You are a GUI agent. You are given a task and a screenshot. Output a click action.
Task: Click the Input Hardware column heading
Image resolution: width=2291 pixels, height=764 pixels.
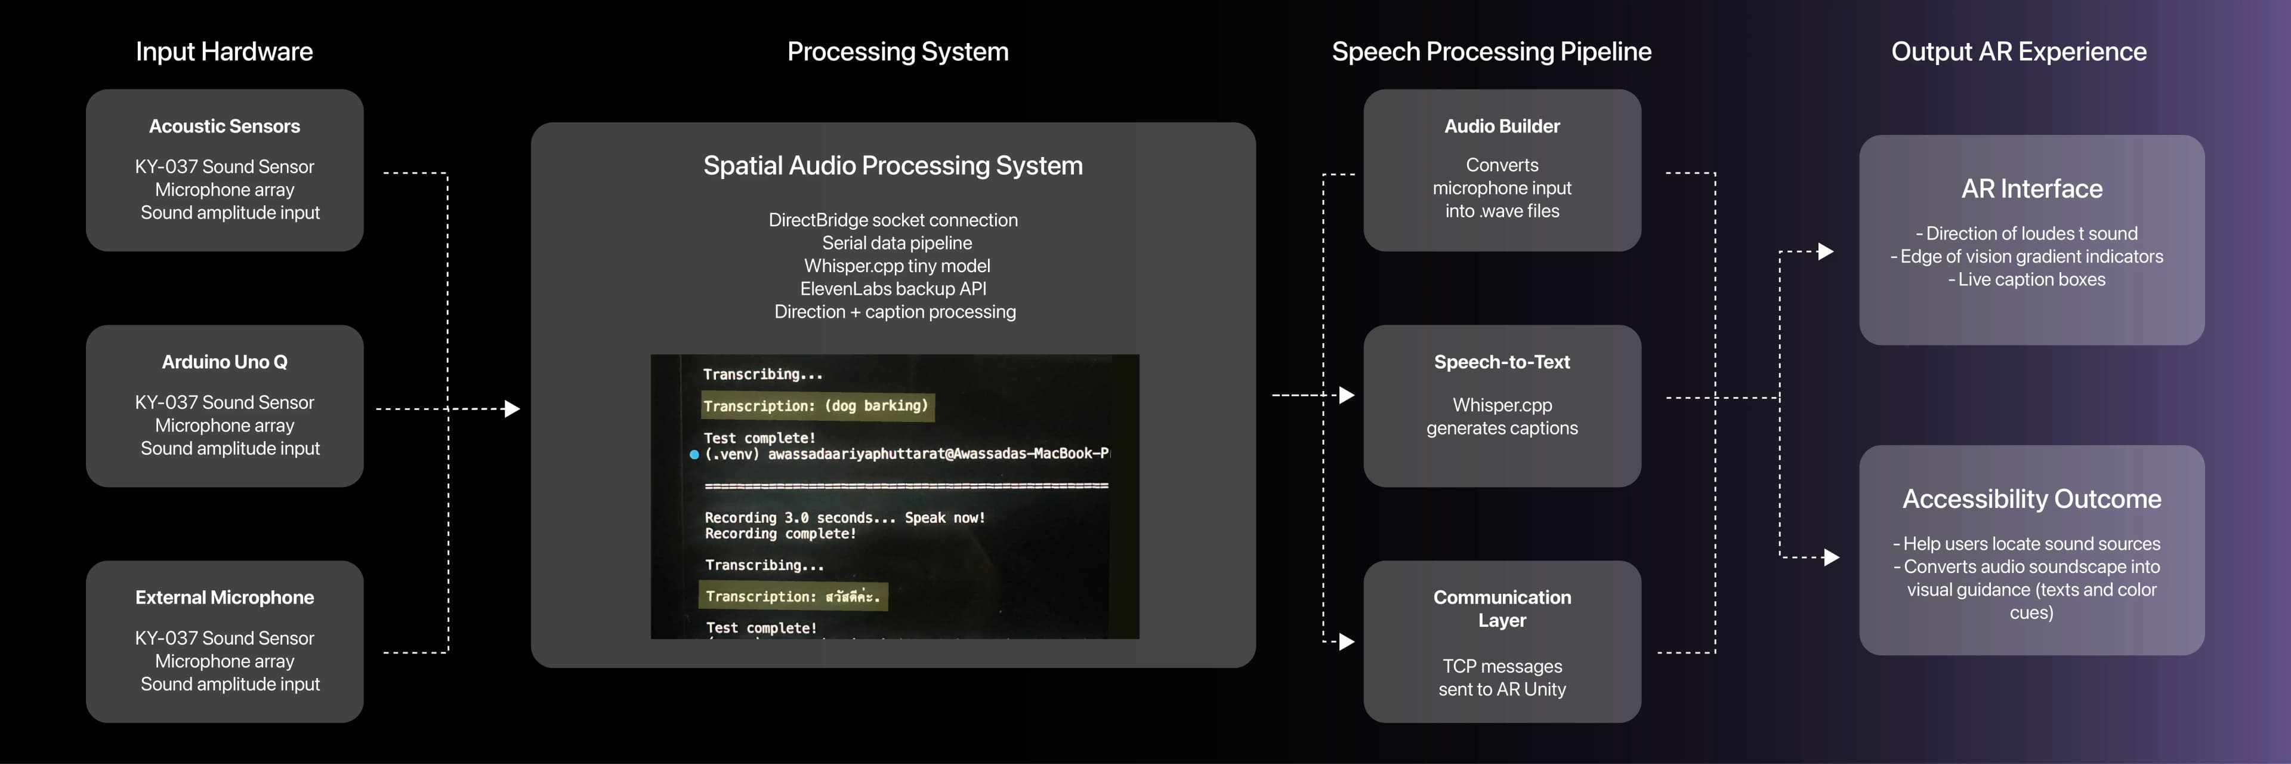point(224,51)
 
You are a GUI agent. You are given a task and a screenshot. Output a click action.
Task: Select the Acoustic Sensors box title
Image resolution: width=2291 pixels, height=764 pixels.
point(224,127)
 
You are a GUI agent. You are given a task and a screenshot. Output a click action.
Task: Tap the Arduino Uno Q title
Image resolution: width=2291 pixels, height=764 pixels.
point(224,362)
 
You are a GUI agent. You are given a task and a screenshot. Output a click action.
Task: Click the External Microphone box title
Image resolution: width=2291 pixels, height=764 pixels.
point(224,597)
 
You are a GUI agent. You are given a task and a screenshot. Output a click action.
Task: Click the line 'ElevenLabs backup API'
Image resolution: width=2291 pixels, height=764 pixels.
point(893,289)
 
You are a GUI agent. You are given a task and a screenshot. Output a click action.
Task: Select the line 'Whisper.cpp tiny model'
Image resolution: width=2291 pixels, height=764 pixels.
point(897,266)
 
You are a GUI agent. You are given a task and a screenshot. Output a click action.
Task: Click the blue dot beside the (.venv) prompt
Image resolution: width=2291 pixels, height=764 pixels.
point(694,454)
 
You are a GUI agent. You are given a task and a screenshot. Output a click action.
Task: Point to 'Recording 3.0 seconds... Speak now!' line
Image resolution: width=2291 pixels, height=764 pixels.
point(845,517)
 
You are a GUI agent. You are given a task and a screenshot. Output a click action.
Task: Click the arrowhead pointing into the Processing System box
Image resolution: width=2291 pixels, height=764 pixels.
point(512,409)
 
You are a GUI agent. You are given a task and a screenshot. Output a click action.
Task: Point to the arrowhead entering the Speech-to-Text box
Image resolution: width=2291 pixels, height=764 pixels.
point(1347,395)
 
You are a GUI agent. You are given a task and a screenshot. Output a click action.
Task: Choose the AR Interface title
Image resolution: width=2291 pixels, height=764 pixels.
point(2031,189)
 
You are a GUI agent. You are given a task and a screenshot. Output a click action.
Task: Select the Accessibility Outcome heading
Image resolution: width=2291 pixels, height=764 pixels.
point(2031,499)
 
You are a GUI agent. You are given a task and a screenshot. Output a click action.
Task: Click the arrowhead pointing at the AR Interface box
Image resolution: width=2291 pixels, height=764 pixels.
point(1826,252)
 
